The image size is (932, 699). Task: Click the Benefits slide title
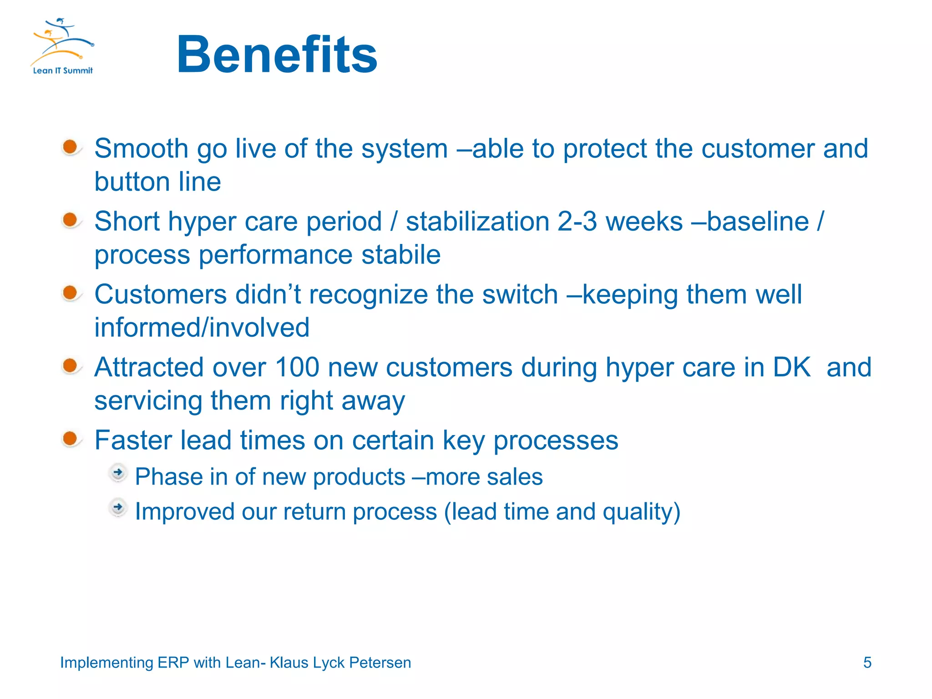pyautogui.click(x=277, y=55)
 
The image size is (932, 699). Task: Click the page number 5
pyautogui.click(x=867, y=663)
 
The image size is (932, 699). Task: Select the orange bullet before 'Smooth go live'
pyautogui.click(x=70, y=147)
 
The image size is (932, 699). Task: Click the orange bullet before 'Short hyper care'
pyautogui.click(x=70, y=220)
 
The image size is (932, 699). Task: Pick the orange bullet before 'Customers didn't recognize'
pyautogui.click(x=70, y=293)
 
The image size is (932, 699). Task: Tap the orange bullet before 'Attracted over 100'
pyautogui.click(x=70, y=366)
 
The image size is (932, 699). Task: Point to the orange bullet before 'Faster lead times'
pyautogui.click(x=70, y=439)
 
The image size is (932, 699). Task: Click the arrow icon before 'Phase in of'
pyautogui.click(x=118, y=473)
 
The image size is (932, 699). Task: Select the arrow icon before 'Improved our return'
pyautogui.click(x=118, y=507)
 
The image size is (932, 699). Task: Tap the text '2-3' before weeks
pyautogui.click(x=577, y=222)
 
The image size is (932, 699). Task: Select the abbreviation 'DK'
pyautogui.click(x=792, y=367)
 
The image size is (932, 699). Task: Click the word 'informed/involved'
pyautogui.click(x=202, y=328)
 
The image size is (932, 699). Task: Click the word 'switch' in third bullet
pyautogui.click(x=520, y=294)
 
